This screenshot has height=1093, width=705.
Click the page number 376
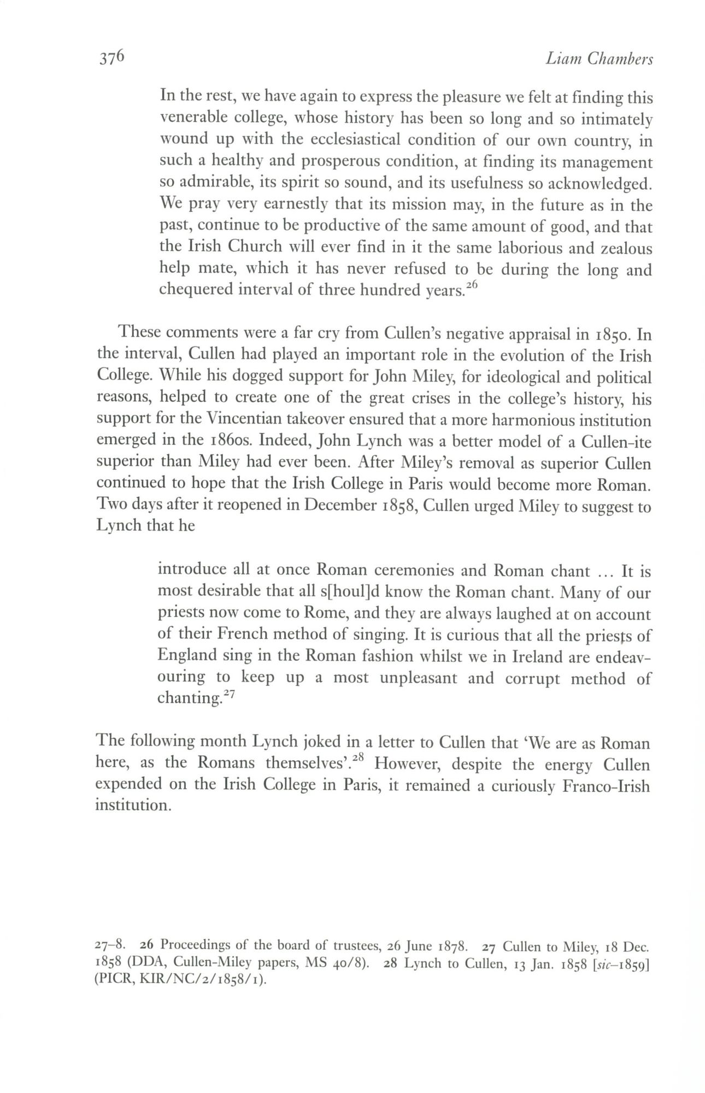(x=112, y=57)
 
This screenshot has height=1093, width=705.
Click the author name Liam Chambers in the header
(x=599, y=58)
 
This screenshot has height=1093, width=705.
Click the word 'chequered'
(x=195, y=290)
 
